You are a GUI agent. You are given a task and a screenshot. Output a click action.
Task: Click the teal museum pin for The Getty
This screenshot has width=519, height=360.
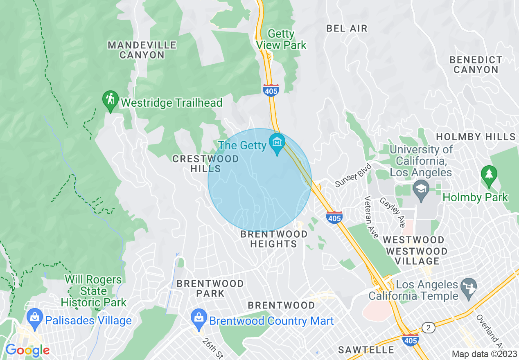[x=277, y=143]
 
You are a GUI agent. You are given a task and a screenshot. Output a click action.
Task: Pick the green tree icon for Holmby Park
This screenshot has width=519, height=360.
[x=488, y=173]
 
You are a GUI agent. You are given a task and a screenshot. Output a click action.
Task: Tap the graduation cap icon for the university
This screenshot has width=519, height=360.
[x=420, y=190]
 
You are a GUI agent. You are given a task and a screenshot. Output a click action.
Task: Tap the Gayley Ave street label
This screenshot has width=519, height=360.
[x=392, y=212]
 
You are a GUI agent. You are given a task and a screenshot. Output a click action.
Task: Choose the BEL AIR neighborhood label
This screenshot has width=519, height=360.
[x=347, y=28]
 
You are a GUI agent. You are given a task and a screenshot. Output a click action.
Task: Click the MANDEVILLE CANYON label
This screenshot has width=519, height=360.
[x=142, y=50]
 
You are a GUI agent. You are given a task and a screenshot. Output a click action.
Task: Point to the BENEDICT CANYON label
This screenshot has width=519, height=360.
[x=476, y=65]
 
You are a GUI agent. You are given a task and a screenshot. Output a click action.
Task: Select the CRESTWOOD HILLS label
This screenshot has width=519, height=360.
[x=205, y=163]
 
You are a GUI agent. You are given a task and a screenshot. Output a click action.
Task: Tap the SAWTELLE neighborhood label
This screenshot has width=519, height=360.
[x=366, y=350]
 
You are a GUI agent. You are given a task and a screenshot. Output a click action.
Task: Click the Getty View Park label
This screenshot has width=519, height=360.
[x=281, y=39]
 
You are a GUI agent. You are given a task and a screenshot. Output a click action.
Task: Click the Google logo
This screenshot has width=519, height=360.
[x=27, y=350]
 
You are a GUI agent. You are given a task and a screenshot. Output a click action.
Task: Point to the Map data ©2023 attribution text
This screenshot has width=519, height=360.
[x=484, y=354]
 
